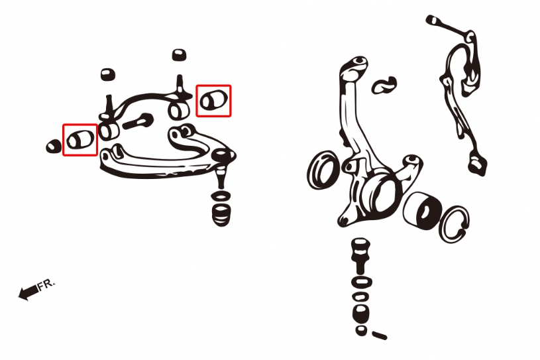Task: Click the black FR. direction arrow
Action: point(28,292)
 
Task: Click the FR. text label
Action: point(46,284)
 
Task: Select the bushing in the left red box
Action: point(80,139)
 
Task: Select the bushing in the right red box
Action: point(214,100)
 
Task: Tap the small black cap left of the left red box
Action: point(54,147)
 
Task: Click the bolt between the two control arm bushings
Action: point(138,121)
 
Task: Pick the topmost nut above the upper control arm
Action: point(179,55)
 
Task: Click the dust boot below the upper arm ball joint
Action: point(221,215)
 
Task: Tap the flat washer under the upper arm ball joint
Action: point(221,196)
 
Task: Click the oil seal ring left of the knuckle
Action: point(323,170)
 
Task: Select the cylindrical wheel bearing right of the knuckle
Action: point(422,210)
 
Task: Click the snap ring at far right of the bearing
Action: point(455,225)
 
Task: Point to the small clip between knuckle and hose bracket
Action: point(384,85)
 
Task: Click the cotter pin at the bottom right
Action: point(379,335)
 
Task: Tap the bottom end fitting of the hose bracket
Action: point(477,164)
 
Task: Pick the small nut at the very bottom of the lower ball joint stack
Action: point(361,330)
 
